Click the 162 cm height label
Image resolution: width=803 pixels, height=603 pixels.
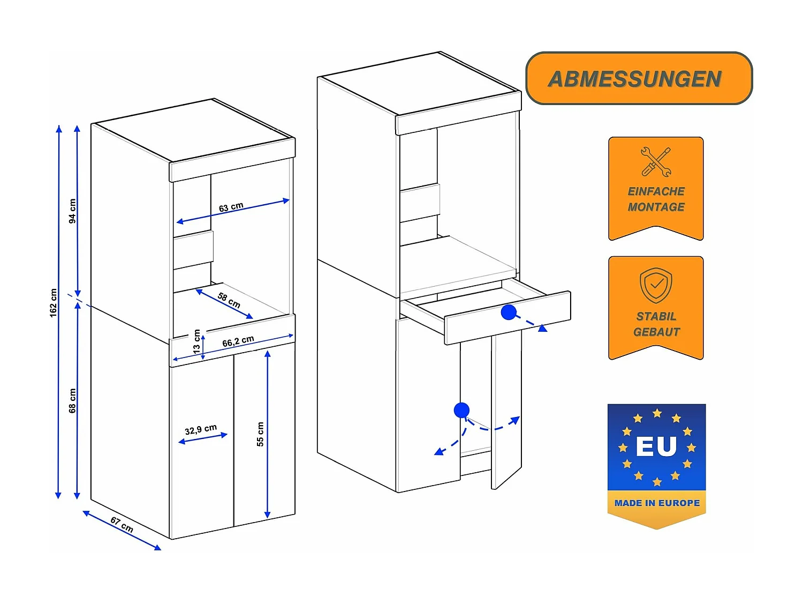coord(54,303)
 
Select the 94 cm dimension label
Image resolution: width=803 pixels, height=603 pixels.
coord(73,211)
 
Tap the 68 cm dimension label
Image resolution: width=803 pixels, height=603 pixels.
coord(73,400)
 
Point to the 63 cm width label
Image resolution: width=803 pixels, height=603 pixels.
coord(231,207)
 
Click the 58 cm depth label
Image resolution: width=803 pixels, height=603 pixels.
coord(229,300)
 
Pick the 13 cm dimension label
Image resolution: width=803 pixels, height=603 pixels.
coord(197,340)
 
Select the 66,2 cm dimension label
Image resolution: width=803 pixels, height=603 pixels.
coord(238,341)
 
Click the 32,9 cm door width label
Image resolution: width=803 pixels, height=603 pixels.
coord(201,430)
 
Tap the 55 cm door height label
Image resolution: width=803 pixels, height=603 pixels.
coord(260,434)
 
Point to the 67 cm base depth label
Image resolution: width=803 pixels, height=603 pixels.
coord(122,524)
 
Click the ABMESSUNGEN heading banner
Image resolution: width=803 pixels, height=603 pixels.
coord(639,78)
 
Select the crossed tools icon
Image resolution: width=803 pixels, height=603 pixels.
coord(656,161)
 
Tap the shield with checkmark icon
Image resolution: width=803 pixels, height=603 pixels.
coord(656,285)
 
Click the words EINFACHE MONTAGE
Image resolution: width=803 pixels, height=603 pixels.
coord(656,199)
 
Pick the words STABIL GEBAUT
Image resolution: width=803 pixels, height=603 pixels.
coord(656,324)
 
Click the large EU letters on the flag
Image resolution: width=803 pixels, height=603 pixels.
coord(656,446)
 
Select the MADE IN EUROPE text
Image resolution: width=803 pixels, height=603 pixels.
coord(657,503)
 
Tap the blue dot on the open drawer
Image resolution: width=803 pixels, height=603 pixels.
coord(509,312)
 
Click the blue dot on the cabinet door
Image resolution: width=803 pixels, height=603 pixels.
coord(461,411)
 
